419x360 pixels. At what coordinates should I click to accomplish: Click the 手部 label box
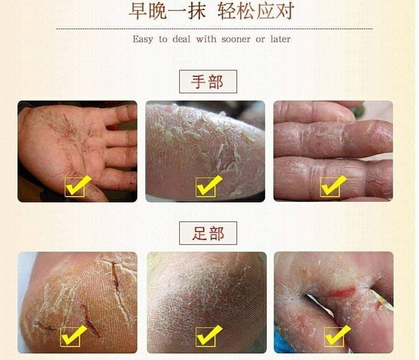[x=208, y=81]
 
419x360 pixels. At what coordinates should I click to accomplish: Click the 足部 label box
[x=208, y=233]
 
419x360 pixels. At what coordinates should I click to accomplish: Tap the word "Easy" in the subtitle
[x=143, y=40]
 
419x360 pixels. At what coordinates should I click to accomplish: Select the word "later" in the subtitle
[x=280, y=39]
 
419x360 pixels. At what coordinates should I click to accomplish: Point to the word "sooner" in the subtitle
[x=236, y=40]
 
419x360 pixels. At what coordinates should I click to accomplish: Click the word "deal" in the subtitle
[x=182, y=39]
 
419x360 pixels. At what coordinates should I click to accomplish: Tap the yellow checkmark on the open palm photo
[x=78, y=186]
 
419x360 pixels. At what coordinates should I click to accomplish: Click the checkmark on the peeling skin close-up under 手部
[x=208, y=186]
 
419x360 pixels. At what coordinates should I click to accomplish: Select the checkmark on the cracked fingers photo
[x=333, y=186]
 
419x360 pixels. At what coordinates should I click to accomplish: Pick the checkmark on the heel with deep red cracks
[x=73, y=335]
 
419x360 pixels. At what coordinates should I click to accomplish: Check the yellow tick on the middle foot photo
[x=208, y=335]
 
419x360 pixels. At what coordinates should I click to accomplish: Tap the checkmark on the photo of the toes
[x=337, y=335]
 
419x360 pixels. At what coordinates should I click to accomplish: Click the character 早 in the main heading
[x=138, y=11]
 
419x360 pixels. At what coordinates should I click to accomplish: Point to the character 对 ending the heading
[x=285, y=11]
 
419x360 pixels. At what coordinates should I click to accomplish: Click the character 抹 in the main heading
[x=197, y=11]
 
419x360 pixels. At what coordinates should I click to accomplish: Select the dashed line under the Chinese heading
[x=215, y=28]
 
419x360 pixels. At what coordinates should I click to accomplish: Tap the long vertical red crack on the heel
[x=115, y=275]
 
